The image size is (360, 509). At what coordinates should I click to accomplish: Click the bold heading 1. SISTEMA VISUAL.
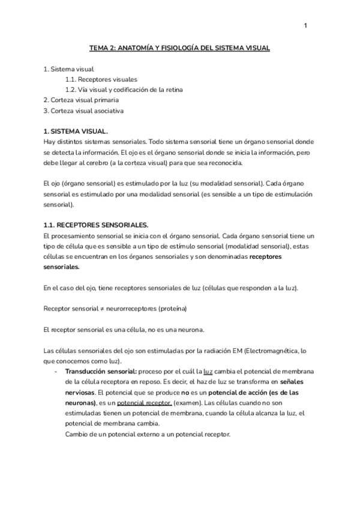[76, 131]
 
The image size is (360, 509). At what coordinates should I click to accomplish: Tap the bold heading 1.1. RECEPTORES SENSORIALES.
[96, 224]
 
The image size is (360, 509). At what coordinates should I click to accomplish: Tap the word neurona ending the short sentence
[190, 330]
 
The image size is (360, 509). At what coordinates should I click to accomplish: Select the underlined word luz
[208, 372]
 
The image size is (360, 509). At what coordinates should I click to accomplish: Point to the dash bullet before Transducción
[56, 372]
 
